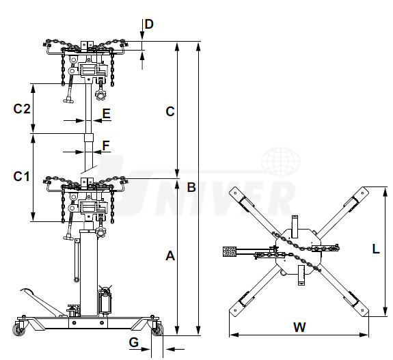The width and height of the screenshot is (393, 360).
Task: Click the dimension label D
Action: pyautogui.click(x=149, y=25)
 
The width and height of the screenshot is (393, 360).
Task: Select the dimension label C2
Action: pyautogui.click(x=22, y=109)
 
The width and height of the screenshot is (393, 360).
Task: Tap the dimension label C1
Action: pyautogui.click(x=21, y=176)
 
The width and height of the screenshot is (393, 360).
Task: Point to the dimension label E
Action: pyautogui.click(x=107, y=113)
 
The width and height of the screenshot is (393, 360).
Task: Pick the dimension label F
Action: pyautogui.click(x=106, y=146)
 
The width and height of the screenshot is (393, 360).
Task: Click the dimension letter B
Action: pyautogui.click(x=191, y=187)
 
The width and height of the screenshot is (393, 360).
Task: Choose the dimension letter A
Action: pyautogui.click(x=170, y=255)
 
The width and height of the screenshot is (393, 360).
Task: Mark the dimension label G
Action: pyautogui.click(x=134, y=342)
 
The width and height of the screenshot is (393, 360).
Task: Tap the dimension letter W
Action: pyautogui.click(x=299, y=327)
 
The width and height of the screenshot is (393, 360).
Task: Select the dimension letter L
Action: pyautogui.click(x=376, y=249)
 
